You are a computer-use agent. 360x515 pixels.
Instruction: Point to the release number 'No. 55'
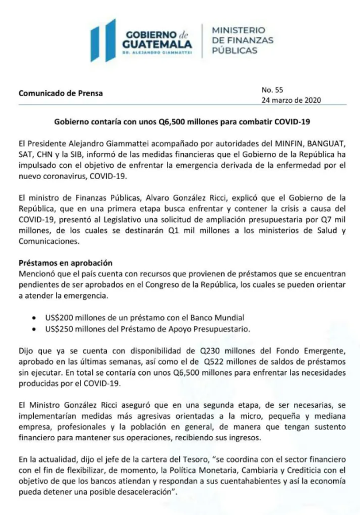click(272, 90)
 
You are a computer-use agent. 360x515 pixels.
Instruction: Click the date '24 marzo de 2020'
click(291, 100)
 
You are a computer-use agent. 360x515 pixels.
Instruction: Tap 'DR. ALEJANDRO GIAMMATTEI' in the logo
click(156, 53)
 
